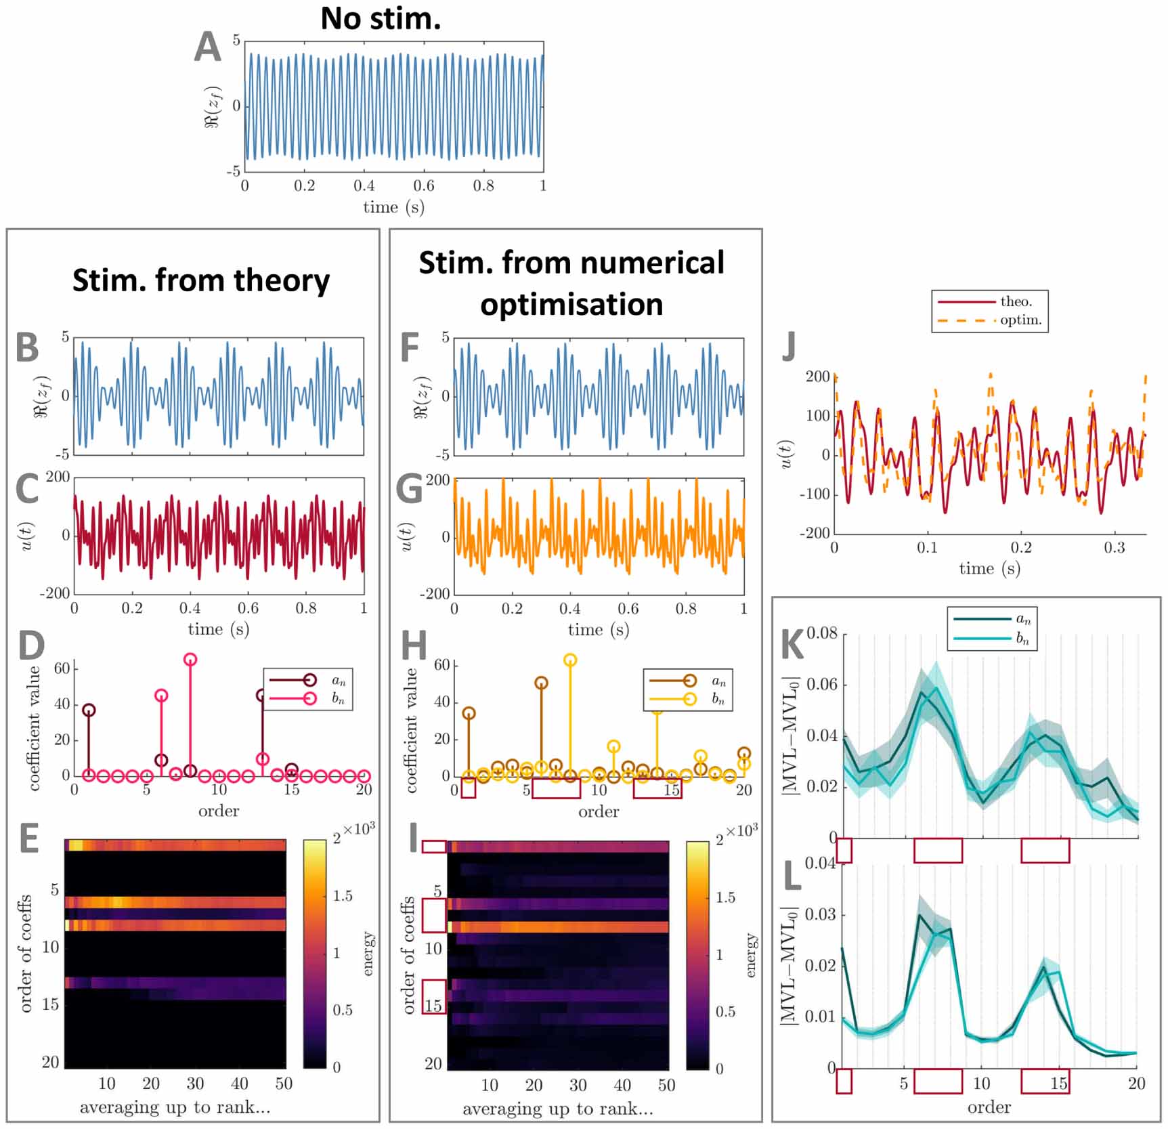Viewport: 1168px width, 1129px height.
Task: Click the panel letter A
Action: pyautogui.click(x=208, y=47)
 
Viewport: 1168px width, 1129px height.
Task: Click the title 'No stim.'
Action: pyautogui.click(x=381, y=18)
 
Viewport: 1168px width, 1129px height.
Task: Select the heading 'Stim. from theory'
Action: pyautogui.click(x=200, y=280)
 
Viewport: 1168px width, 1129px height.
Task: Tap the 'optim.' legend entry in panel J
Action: pyautogui.click(x=1020, y=320)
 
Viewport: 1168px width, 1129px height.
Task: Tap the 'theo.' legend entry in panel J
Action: pyautogui.click(x=1016, y=301)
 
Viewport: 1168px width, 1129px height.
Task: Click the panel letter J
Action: pyautogui.click(x=788, y=347)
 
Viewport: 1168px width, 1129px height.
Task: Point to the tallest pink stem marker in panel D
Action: pyautogui.click(x=190, y=660)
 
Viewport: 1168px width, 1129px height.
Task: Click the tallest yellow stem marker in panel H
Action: pyautogui.click(x=570, y=660)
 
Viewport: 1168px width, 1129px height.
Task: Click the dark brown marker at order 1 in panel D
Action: pyautogui.click(x=89, y=710)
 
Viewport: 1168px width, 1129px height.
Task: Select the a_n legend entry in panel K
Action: pyautogui.click(x=1022, y=619)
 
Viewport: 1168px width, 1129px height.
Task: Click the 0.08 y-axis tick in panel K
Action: pyautogui.click(x=821, y=633)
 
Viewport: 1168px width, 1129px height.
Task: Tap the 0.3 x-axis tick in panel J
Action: pyautogui.click(x=1114, y=547)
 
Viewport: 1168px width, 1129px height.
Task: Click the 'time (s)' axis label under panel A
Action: pyautogui.click(x=393, y=207)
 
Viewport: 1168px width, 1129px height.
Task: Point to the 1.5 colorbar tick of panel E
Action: pyautogui.click(x=343, y=896)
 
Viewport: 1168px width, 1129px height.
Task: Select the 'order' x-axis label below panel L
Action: pyautogui.click(x=989, y=1107)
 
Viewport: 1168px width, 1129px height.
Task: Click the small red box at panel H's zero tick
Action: pyautogui.click(x=468, y=788)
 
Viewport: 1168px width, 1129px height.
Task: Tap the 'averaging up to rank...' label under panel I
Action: pyautogui.click(x=558, y=1109)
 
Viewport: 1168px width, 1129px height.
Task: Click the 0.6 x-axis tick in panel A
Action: pyautogui.click(x=424, y=186)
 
